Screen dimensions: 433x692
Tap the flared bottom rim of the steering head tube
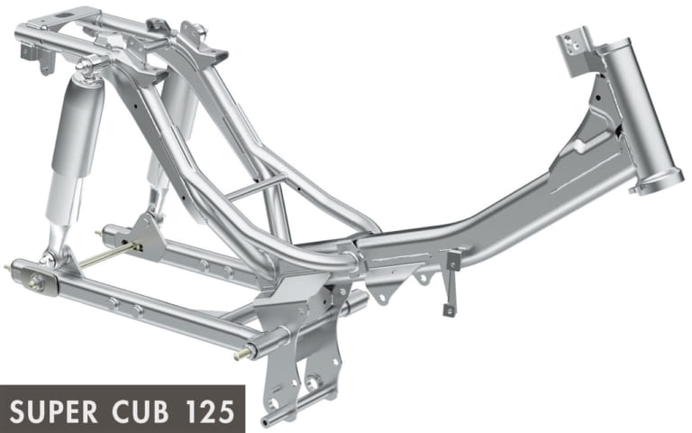click(x=651, y=186)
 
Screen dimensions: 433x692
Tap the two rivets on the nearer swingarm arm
click(x=126, y=307)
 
